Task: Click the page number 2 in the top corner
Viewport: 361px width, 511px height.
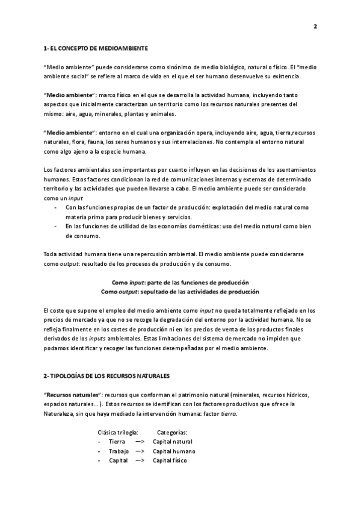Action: pos(315,27)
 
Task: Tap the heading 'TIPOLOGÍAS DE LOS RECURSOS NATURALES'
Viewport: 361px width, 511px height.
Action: pos(111,375)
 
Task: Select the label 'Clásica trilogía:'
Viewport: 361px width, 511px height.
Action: pos(118,432)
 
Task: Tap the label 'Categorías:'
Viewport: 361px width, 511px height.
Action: pos(172,432)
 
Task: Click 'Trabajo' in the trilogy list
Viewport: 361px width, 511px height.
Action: pos(119,451)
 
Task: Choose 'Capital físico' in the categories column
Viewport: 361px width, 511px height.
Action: pos(170,460)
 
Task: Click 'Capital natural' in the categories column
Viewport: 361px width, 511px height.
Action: pos(173,442)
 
